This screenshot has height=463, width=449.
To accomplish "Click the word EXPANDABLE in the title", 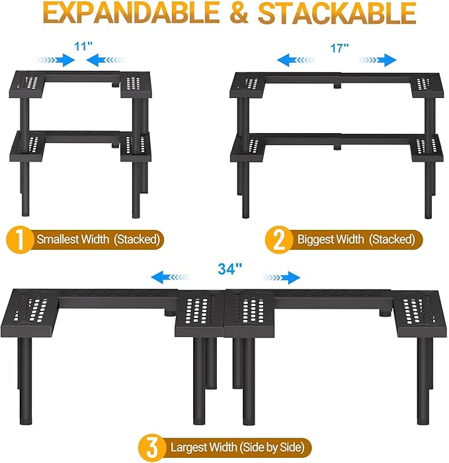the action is tap(133, 14).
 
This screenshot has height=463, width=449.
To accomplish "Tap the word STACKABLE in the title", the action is tap(337, 14).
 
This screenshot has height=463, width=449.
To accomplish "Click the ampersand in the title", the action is tap(239, 14).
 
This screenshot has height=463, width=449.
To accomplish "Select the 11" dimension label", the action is tap(83, 46).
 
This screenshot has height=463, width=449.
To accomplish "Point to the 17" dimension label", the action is tap(340, 48).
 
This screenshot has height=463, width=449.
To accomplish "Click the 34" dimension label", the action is tap(230, 269).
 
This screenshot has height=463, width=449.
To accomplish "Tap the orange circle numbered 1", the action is tap(19, 240).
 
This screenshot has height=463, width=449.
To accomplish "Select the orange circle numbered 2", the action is tap(278, 240).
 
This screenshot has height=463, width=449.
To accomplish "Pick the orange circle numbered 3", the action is tap(152, 447).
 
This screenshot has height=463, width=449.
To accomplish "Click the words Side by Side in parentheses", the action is tap(272, 448).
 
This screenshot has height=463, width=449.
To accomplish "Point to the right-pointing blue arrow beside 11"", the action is tap(56, 60).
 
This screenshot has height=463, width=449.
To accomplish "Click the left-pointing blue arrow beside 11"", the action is tap(105, 60).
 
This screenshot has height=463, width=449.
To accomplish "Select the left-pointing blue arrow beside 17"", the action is tap(296, 60).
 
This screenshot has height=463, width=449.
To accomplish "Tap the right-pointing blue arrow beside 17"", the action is tap(378, 60).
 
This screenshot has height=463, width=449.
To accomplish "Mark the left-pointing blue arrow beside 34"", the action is tap(169, 278).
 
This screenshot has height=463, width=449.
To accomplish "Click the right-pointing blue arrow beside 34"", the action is tap(281, 278).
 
